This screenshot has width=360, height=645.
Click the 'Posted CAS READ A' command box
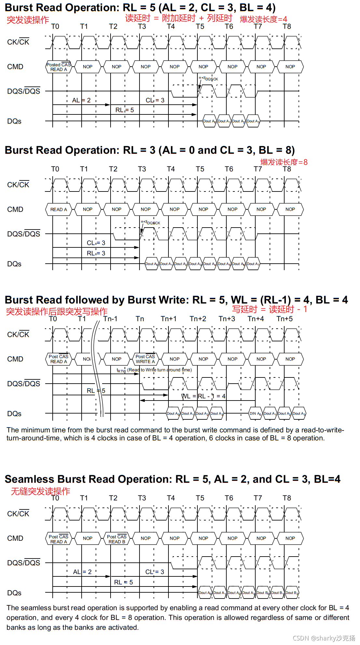tap(59, 67)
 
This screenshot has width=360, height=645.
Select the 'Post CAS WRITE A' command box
tap(145, 359)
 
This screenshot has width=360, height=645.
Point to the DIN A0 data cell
tap(255, 414)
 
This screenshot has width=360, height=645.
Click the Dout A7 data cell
tap(253, 264)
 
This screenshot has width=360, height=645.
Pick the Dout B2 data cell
tap(291, 593)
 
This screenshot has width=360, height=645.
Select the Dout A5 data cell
tap(224, 264)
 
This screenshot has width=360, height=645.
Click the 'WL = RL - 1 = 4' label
tap(203, 396)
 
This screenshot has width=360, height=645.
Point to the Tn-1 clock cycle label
tap(110, 319)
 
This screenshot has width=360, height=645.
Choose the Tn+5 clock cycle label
tap(285, 319)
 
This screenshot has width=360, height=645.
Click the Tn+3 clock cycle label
tap(227, 319)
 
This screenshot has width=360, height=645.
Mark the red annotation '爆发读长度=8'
tap(284, 162)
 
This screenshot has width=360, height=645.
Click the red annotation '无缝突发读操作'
tap(41, 491)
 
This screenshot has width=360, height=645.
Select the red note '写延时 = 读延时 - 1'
tap(270, 309)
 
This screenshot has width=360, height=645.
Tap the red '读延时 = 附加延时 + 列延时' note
tap(179, 18)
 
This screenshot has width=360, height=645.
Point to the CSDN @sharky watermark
tap(324, 638)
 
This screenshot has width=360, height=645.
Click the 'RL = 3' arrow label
tap(96, 253)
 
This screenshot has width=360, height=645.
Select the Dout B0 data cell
tap(263, 593)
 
